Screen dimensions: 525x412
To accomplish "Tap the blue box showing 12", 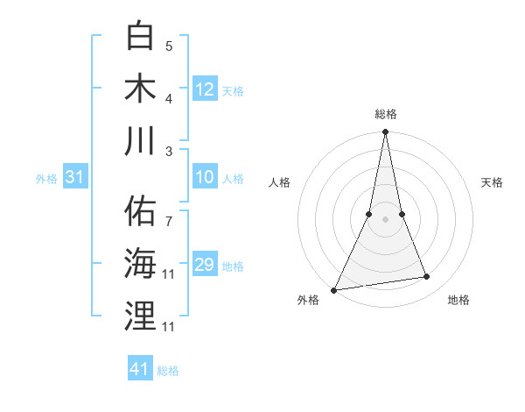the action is coord(205,89).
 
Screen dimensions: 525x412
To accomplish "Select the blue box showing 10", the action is coord(205,178).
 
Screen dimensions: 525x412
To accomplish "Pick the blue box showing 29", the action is coord(205,265).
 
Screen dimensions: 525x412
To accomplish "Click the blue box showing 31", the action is coord(75,178).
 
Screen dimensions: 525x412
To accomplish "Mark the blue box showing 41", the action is coord(140,369).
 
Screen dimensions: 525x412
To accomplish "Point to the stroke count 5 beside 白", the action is coord(169,46).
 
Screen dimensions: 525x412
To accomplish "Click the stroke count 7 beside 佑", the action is coord(169,213).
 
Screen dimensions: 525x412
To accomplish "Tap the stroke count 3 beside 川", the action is coord(169,151).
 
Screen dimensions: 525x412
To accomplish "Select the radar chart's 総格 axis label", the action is coord(385,114).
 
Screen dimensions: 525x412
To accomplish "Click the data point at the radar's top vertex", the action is coord(385,132).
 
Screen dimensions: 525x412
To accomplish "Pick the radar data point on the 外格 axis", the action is coord(333,289).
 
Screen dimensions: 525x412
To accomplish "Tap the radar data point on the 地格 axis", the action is coord(427,277).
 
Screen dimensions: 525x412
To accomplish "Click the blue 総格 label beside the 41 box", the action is coord(168,371).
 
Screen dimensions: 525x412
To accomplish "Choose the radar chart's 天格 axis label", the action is coord(492,182).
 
